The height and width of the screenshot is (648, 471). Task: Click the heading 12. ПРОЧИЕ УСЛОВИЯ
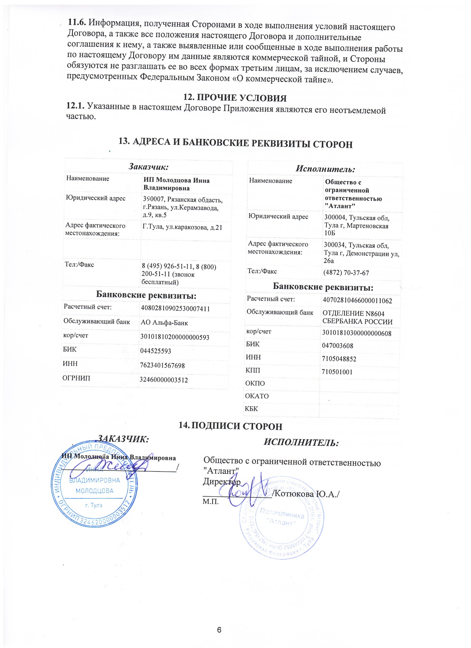(235, 98)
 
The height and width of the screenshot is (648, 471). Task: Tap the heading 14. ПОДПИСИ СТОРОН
(230, 426)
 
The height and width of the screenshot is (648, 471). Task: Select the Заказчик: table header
(148, 166)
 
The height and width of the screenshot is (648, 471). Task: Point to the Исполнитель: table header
(325, 169)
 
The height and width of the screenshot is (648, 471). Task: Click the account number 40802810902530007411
(175, 308)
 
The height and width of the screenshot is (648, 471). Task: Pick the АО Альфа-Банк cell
(164, 323)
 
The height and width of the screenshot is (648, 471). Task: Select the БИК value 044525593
(156, 351)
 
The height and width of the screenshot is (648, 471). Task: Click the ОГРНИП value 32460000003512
(164, 380)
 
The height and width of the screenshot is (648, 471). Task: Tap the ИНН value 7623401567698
(162, 366)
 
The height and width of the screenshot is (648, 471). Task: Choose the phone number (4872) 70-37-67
(346, 273)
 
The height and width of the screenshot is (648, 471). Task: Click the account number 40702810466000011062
(357, 300)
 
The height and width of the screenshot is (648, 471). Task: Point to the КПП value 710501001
(337, 372)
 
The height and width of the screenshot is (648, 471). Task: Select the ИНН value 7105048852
(339, 359)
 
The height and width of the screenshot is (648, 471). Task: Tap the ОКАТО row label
(257, 396)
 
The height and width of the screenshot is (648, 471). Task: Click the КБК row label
(251, 409)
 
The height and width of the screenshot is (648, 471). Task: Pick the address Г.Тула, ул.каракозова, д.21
(183, 227)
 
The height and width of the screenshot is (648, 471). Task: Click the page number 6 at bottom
(219, 629)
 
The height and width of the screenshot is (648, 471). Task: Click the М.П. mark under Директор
(211, 502)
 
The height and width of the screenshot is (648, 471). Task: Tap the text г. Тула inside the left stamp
(94, 505)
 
